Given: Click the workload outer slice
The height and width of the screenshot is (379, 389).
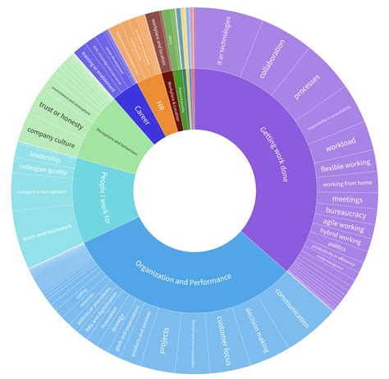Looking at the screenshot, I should click(339, 145).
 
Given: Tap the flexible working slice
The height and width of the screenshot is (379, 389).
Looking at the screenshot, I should click(345, 167).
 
